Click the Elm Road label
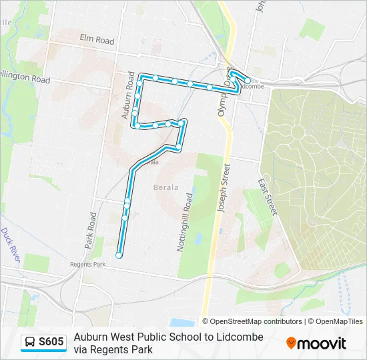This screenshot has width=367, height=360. point(97,41)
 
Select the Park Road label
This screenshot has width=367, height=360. point(90,231)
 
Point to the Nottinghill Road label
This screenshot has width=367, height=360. point(185,221)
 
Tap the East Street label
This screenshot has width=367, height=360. point(267,196)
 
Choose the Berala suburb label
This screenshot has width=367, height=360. point(166,187)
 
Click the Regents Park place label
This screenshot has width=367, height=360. point(88,264)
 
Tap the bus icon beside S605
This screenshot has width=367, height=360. point(30,343)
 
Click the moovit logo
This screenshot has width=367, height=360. point(316,343)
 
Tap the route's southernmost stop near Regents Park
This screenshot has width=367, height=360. point(119,255)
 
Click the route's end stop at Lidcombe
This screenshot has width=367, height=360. point(248,81)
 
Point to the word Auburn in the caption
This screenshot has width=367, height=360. point(91,337)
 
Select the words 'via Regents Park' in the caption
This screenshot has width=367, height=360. point(113,349)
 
